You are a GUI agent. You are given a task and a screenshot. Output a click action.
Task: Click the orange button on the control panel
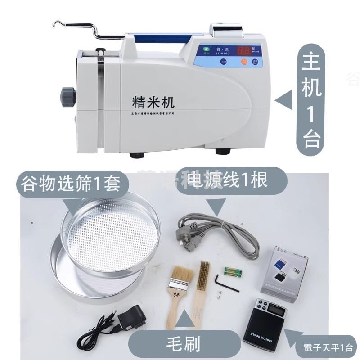[x=244, y=62]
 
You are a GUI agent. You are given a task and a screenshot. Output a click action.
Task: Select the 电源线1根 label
[x=227, y=180]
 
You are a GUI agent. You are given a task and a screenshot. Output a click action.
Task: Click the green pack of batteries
[x=234, y=271]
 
